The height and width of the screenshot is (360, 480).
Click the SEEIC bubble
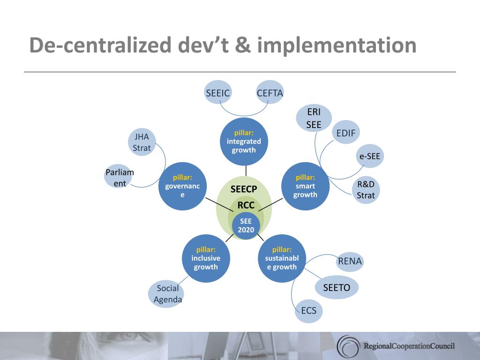[217, 92]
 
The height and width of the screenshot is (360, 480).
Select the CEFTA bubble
[270, 92]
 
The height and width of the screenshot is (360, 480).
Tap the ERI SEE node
[314, 118]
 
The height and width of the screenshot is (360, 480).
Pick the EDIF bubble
[346, 133]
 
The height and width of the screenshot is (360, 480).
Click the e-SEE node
[370, 156]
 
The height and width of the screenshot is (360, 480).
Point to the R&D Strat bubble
[366, 189]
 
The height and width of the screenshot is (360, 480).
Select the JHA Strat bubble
[142, 142]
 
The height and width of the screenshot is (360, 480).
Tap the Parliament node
[120, 178]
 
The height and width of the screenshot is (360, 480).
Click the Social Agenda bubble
[167, 294]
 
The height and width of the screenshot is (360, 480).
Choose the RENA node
[350, 261]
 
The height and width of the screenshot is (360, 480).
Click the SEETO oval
[337, 287]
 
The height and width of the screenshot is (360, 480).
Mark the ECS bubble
[308, 311]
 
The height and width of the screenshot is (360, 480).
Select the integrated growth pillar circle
[244, 142]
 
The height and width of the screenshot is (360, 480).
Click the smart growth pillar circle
[305, 186]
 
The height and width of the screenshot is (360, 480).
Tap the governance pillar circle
[182, 186]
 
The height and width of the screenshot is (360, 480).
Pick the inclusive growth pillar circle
[206, 258]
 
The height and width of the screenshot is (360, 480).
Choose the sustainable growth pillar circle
[282, 258]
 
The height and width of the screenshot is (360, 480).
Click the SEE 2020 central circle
[246, 225]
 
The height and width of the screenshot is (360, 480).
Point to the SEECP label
[244, 189]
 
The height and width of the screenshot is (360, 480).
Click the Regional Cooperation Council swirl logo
[348, 346]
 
